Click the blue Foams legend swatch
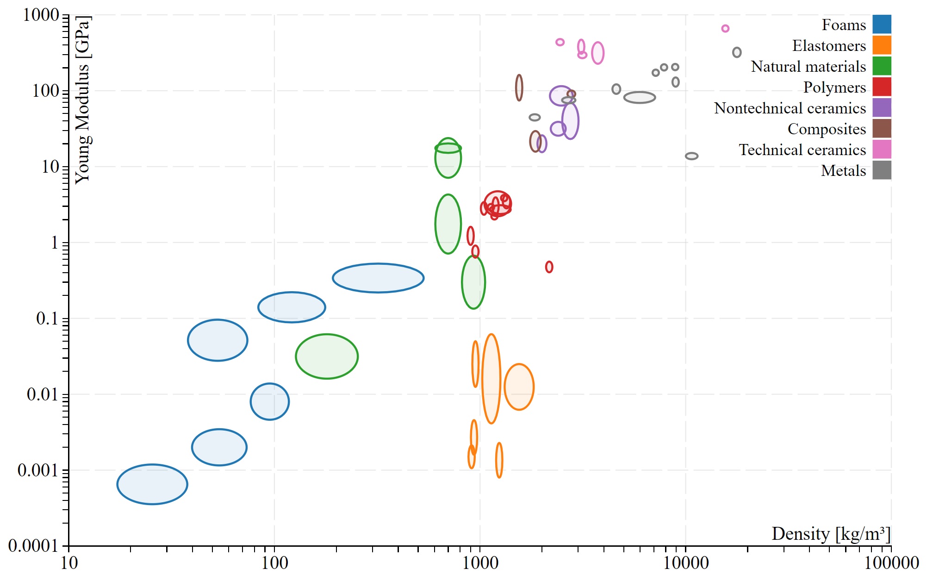pyautogui.click(x=882, y=25)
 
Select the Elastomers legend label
pyautogui.click(x=828, y=46)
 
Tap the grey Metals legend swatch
pyautogui.click(x=882, y=170)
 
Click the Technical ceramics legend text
pyautogui.click(x=802, y=150)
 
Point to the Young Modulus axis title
pyautogui.click(x=83, y=100)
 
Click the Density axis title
pyautogui.click(x=831, y=534)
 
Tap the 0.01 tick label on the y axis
pyautogui.click(x=42, y=394)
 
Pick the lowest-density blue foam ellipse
pyautogui.click(x=152, y=484)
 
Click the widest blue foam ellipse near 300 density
pyautogui.click(x=378, y=278)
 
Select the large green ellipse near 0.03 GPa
pyautogui.click(x=327, y=356)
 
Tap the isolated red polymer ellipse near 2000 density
pyautogui.click(x=549, y=267)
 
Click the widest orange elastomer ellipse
pyautogui.click(x=519, y=387)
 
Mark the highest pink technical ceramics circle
pyautogui.click(x=725, y=29)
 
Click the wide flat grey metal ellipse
pyautogui.click(x=640, y=97)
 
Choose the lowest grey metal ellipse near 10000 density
pyautogui.click(x=691, y=156)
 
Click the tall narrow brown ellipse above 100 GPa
pyautogui.click(x=519, y=87)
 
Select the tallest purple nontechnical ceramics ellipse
pyautogui.click(x=570, y=121)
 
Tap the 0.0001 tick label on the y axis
pyautogui.click(x=33, y=546)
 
